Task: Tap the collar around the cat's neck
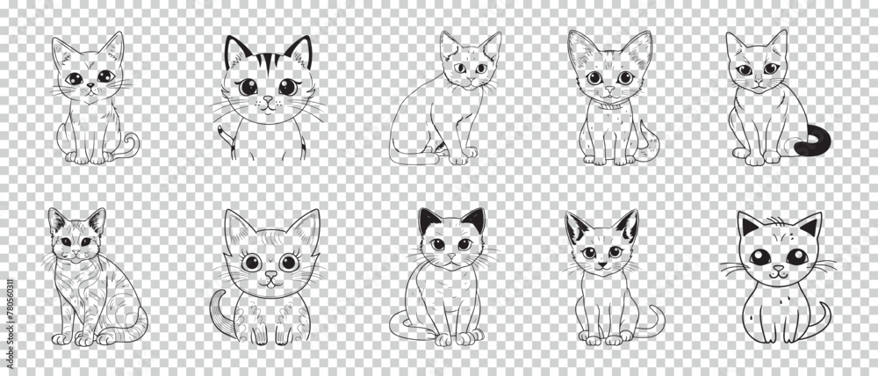coord(610,105)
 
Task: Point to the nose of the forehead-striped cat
coord(268,99)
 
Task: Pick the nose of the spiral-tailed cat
coord(90,86)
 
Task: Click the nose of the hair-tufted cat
coord(778,268)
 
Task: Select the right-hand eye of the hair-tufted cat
coord(797,257)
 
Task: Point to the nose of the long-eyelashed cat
coord(270,275)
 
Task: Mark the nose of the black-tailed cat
coord(759,80)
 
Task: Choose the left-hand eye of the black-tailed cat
coord(745,70)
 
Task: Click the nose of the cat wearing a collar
coord(609,89)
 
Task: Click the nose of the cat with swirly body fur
coord(75,250)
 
